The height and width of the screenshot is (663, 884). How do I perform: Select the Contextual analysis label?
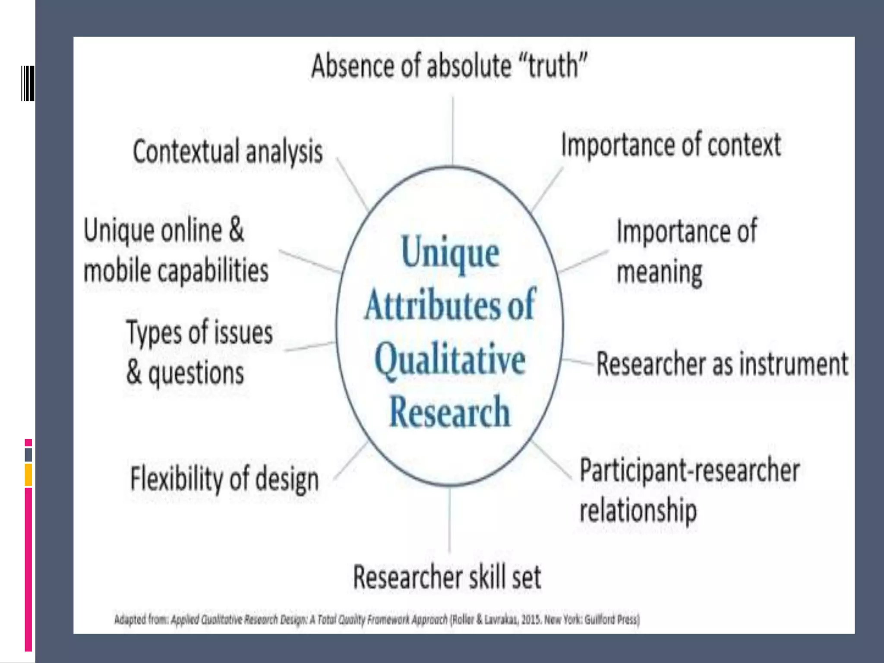click(x=227, y=152)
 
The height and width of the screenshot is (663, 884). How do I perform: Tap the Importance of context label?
click(x=671, y=145)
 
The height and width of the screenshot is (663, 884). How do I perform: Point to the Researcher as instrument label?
click(x=722, y=364)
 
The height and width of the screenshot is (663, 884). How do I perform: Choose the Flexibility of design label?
click(x=224, y=479)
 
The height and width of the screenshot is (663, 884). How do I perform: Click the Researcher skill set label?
click(x=447, y=577)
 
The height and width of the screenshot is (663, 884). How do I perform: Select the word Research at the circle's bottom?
click(x=449, y=412)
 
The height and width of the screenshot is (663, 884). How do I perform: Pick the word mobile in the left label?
click(x=117, y=271)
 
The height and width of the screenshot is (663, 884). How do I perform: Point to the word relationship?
click(x=638, y=511)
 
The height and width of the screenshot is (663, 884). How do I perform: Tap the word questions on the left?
click(x=196, y=373)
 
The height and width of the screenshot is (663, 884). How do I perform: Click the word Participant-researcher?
click(x=689, y=470)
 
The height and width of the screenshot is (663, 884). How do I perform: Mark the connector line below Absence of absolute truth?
click(x=452, y=129)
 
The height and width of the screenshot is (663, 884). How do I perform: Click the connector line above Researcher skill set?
click(x=449, y=520)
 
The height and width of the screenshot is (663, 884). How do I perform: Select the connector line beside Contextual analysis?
click(x=351, y=183)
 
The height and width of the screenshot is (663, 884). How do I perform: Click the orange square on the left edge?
click(x=28, y=475)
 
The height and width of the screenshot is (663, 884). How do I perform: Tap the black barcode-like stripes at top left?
click(x=28, y=83)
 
